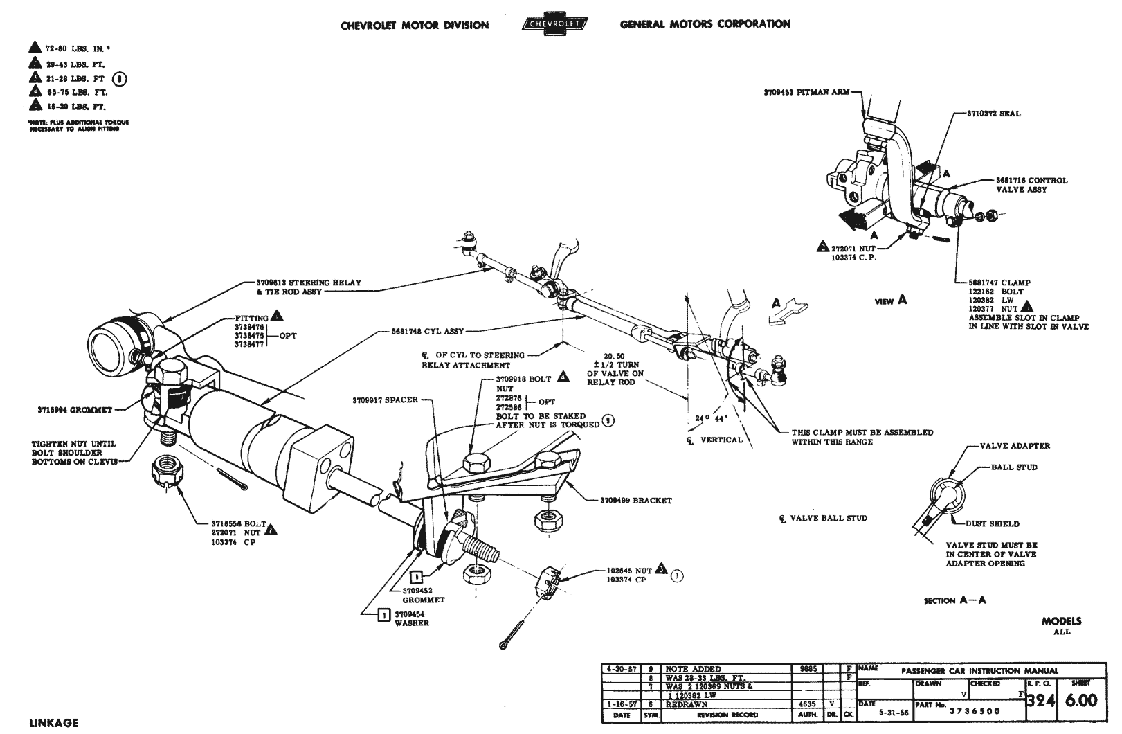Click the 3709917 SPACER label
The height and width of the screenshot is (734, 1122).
click(385, 400)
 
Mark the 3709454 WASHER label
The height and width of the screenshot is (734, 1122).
click(412, 618)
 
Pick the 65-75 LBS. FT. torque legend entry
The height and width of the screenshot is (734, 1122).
click(75, 92)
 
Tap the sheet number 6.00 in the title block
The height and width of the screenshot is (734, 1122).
click(1080, 700)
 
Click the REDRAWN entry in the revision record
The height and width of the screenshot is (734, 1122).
click(687, 704)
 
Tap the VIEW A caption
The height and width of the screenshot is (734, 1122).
click(891, 301)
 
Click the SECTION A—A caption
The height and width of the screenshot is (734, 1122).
click(954, 600)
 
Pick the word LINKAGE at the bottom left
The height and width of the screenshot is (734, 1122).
click(54, 723)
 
